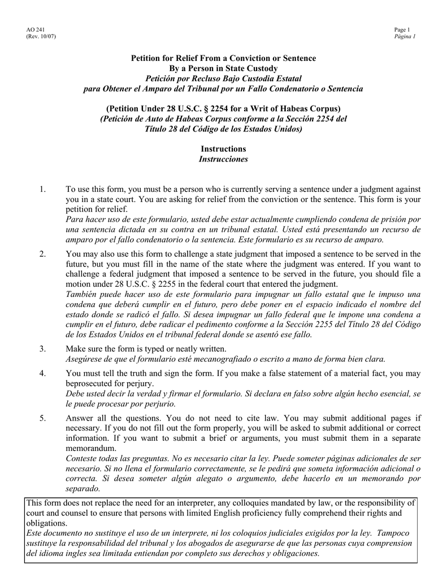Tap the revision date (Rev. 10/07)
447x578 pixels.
(41, 37)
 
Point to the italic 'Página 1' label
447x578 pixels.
(405, 37)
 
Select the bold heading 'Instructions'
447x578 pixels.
(223, 149)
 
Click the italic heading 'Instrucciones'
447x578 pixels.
(223, 159)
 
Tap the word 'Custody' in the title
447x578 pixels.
(263, 68)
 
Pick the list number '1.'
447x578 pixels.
(43, 189)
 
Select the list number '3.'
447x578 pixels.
(43, 349)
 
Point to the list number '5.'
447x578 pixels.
(43, 418)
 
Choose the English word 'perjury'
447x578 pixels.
(149, 383)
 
